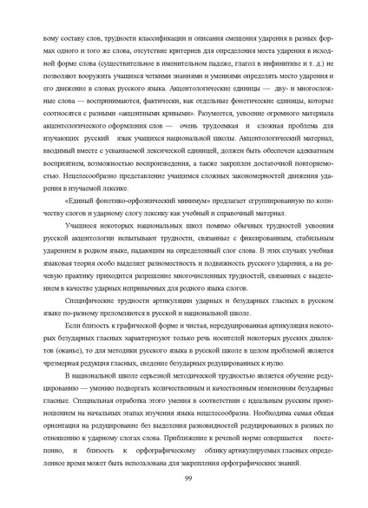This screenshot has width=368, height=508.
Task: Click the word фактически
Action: pyautogui.click(x=138, y=97)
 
